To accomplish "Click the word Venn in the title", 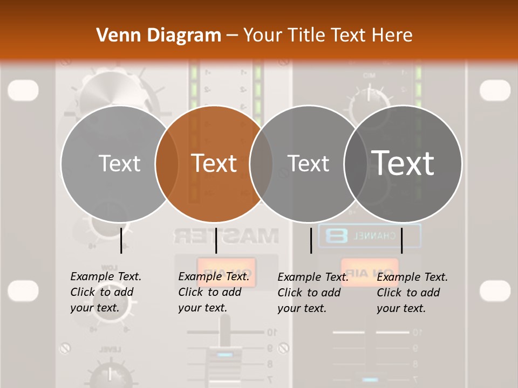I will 114,35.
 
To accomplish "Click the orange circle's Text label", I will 214,163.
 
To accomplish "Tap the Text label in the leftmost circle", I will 119,163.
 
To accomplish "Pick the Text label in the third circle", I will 308,163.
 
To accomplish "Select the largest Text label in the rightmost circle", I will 403,163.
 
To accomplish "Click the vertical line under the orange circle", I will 216,240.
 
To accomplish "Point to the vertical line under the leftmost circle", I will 121,240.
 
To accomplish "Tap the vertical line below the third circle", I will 311,240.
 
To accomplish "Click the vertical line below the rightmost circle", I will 401,240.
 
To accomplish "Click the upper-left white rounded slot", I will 23,90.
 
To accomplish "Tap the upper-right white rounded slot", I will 495,90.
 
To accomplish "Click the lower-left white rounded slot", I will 23,290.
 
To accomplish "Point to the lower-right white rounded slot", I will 495,290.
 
